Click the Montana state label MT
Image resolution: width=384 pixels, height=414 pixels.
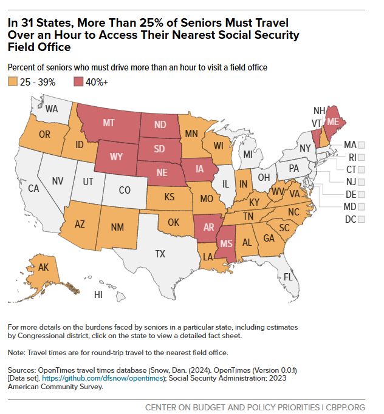click(109, 123)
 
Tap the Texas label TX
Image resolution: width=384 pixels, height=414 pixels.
click(160, 253)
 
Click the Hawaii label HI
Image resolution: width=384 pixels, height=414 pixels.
click(98, 294)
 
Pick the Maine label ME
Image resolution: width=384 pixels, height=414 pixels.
click(333, 121)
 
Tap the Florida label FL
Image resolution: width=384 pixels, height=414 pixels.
click(289, 277)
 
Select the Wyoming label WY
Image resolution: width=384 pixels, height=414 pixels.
click(117, 155)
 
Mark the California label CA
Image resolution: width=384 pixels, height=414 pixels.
click(33, 188)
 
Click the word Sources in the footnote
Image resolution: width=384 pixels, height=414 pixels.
click(22, 370)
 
